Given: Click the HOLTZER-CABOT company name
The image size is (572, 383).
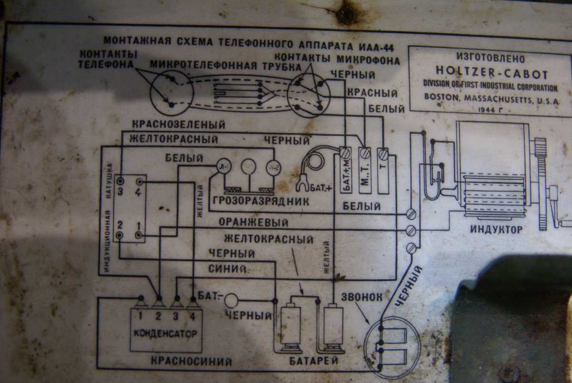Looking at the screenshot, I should (491, 74).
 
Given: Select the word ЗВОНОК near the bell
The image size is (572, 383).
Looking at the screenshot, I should (362, 297).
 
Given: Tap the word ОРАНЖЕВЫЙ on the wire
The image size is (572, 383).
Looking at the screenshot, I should (254, 223).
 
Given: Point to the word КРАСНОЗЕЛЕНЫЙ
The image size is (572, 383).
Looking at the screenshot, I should (179, 125).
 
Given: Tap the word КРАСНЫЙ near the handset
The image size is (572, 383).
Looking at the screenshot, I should (366, 92).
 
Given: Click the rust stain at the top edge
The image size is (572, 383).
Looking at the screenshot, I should (346, 14).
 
